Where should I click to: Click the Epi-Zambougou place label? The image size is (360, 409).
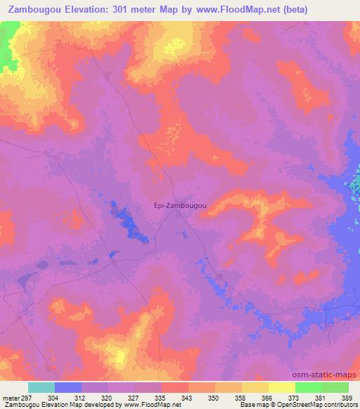179,205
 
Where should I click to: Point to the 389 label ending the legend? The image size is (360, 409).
348,398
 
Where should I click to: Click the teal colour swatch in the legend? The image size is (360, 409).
41,387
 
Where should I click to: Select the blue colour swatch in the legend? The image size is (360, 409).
68,387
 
